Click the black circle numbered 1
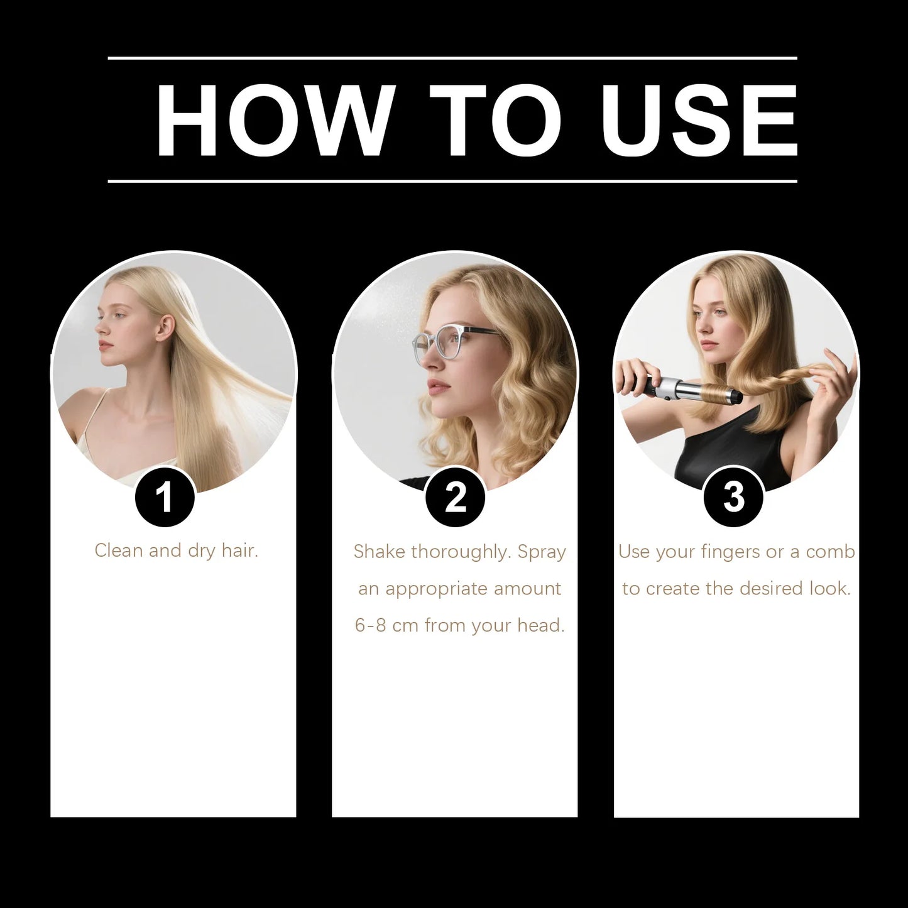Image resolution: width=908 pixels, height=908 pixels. [x=165, y=497]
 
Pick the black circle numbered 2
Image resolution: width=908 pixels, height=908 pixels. [x=455, y=497]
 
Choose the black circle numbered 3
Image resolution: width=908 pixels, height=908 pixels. [x=733, y=497]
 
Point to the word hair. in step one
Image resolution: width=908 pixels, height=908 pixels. [x=239, y=550]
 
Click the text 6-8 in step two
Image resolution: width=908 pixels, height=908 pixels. [x=370, y=626]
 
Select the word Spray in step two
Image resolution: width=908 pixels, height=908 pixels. [x=542, y=552]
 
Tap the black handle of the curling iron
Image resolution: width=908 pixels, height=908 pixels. [x=635, y=378]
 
